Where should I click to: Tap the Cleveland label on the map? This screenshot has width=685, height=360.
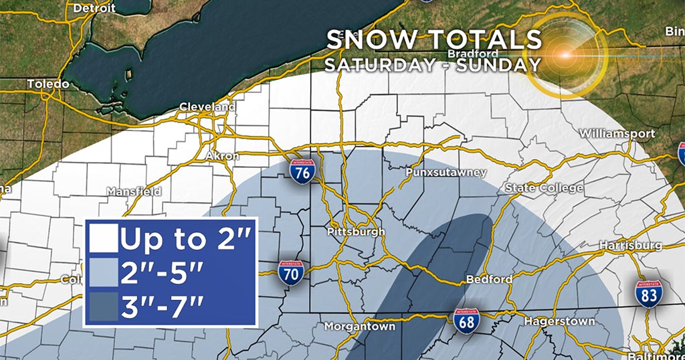coord(207,107)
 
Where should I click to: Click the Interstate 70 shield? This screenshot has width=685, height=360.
coord(291,272)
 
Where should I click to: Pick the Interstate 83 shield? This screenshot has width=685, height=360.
coord(648,294)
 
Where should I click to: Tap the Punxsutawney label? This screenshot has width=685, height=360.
coord(446,173)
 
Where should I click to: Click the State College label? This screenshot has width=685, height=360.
coord(544,188)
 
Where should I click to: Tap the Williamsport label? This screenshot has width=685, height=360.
coord(617,133)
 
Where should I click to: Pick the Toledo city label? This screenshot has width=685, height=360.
coord(47,84)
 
